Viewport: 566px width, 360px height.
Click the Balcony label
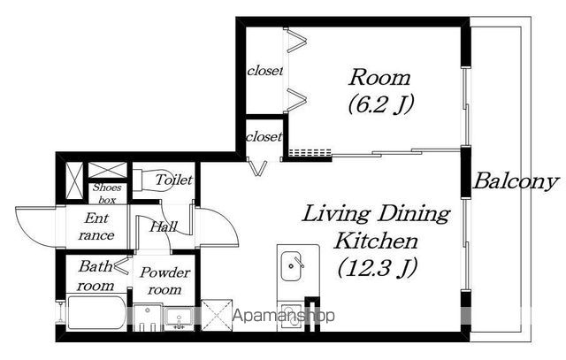coord(516,181)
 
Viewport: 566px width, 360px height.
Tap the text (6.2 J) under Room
coord(380,104)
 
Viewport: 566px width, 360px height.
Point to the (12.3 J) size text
coord(378,267)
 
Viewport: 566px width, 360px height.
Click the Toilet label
coord(174,180)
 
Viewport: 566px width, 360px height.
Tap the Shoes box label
coord(107,194)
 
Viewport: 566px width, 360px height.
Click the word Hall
coord(164,226)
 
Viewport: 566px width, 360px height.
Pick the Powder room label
coord(165,281)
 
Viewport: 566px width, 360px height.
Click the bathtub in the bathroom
coord(96,313)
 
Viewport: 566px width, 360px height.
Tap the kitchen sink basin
coord(291,266)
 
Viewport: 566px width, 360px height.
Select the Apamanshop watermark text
coord(284,316)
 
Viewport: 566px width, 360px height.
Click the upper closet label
coord(265,71)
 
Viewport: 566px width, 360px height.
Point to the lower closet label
coord(264,137)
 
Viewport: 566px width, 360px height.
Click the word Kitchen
coord(376,241)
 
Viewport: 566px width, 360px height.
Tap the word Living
coord(336,214)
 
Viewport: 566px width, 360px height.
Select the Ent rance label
coord(96,226)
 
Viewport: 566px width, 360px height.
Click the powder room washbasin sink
coord(180,318)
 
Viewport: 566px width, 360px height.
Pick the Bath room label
coord(96,276)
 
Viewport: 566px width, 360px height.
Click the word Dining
coord(414,214)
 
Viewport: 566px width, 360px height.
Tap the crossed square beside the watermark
coord(217,315)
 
